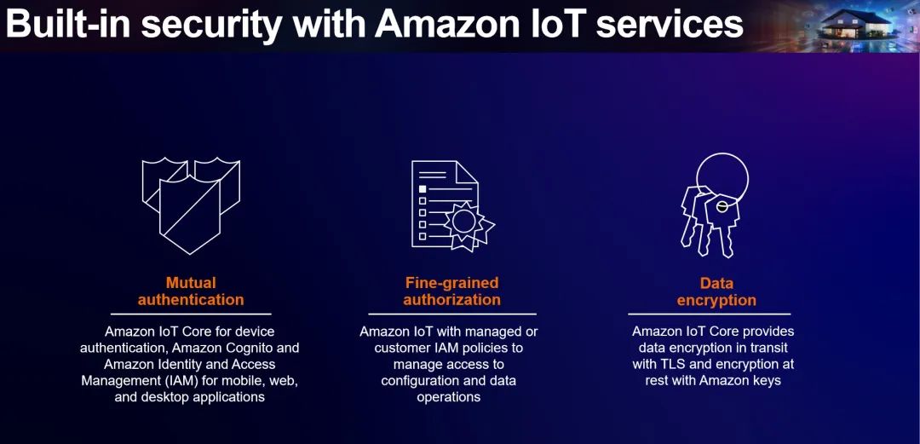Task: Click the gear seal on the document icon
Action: [x=465, y=223]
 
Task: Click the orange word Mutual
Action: [x=191, y=283]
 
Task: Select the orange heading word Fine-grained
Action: [x=451, y=283]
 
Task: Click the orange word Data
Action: [x=716, y=283]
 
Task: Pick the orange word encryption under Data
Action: [x=716, y=300]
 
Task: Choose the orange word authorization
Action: [x=451, y=300]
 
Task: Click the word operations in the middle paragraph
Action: [x=449, y=397]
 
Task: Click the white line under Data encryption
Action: [x=709, y=314]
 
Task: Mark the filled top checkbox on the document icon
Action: [x=422, y=188]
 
